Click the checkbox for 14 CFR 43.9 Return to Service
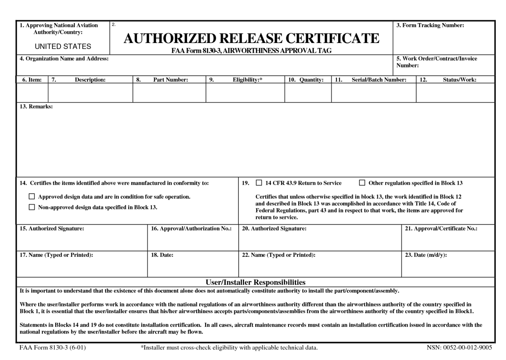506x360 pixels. click(x=259, y=183)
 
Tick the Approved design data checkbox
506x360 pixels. click(x=32, y=197)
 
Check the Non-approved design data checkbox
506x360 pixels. click(x=32, y=207)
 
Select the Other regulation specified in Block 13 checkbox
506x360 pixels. click(x=362, y=183)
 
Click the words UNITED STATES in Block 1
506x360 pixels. click(x=63, y=47)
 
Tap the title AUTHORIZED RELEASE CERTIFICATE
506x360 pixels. click(x=251, y=38)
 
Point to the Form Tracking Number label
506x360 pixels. click(x=430, y=25)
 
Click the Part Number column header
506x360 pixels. click(x=171, y=80)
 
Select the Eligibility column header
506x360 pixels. click(x=247, y=80)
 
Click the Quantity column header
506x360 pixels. click(x=311, y=80)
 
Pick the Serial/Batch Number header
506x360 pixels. click(x=379, y=80)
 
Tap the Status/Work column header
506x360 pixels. click(x=459, y=80)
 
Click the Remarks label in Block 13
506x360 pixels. click(x=36, y=106)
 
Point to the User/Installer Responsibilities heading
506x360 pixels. click(x=255, y=282)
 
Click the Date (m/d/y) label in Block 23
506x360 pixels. click(x=426, y=255)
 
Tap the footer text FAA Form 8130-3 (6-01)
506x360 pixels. click(x=53, y=347)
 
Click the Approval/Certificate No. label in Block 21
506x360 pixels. click(x=441, y=228)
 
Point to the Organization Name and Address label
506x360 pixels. click(x=64, y=58)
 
